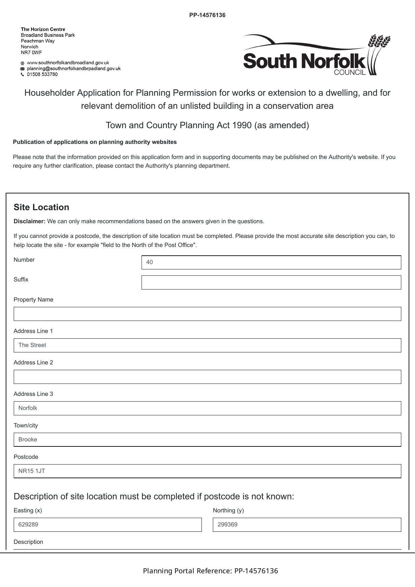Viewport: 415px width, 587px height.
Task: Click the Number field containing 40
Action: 271,262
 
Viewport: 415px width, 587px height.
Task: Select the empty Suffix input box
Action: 271,282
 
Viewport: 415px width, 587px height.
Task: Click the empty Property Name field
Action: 207,314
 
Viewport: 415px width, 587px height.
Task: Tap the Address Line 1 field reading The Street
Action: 207,345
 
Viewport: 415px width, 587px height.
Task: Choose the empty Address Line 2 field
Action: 207,377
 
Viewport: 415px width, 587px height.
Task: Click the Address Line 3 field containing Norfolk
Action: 207,408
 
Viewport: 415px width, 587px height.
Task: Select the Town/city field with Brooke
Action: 207,440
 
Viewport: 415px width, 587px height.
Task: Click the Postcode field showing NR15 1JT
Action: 207,471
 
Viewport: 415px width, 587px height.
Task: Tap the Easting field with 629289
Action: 107,525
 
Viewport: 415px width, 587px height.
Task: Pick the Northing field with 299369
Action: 307,525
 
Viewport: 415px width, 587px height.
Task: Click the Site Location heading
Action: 41,207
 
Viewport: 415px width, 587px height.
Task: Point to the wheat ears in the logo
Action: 379,42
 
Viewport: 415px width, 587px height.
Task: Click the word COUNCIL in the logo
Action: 350,72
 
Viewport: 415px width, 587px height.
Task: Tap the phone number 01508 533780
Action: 42,74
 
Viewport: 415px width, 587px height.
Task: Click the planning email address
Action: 74,69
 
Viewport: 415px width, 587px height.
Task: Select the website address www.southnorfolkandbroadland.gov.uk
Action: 68,63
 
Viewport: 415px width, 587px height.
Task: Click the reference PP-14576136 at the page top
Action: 207,15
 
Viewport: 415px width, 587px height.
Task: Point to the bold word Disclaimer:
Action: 29,221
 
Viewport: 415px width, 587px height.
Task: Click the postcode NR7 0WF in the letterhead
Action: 31,53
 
